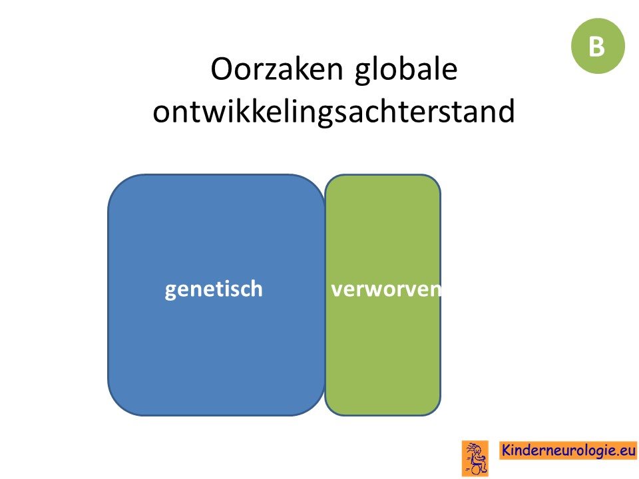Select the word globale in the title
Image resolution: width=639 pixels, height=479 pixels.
pyautogui.click(x=406, y=70)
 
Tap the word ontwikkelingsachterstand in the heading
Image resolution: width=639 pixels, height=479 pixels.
pyautogui.click(x=333, y=112)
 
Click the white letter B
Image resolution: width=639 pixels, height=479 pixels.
pyautogui.click(x=596, y=47)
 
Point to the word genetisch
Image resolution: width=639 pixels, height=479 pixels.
pyautogui.click(x=214, y=289)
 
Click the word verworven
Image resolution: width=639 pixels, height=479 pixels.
pyautogui.click(x=386, y=289)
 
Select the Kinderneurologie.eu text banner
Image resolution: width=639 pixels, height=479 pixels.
pyautogui.click(x=568, y=450)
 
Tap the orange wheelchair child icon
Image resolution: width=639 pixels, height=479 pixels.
pyautogui.click(x=475, y=458)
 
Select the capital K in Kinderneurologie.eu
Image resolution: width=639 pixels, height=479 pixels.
pyautogui.click(x=506, y=450)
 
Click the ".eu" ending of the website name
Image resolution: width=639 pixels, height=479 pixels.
pyautogui.click(x=625, y=451)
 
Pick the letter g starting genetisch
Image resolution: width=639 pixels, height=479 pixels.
pyautogui.click(x=171, y=292)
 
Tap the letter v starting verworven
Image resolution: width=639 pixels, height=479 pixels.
pyautogui.click(x=337, y=291)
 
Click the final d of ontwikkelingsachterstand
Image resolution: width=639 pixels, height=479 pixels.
pyautogui.click(x=507, y=110)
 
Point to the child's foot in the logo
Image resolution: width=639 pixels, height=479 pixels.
pyautogui.click(x=485, y=471)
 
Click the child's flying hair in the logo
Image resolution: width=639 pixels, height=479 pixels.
pyautogui.click(x=471, y=448)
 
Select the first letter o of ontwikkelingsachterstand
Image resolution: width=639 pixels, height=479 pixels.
pyautogui.click(x=161, y=113)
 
